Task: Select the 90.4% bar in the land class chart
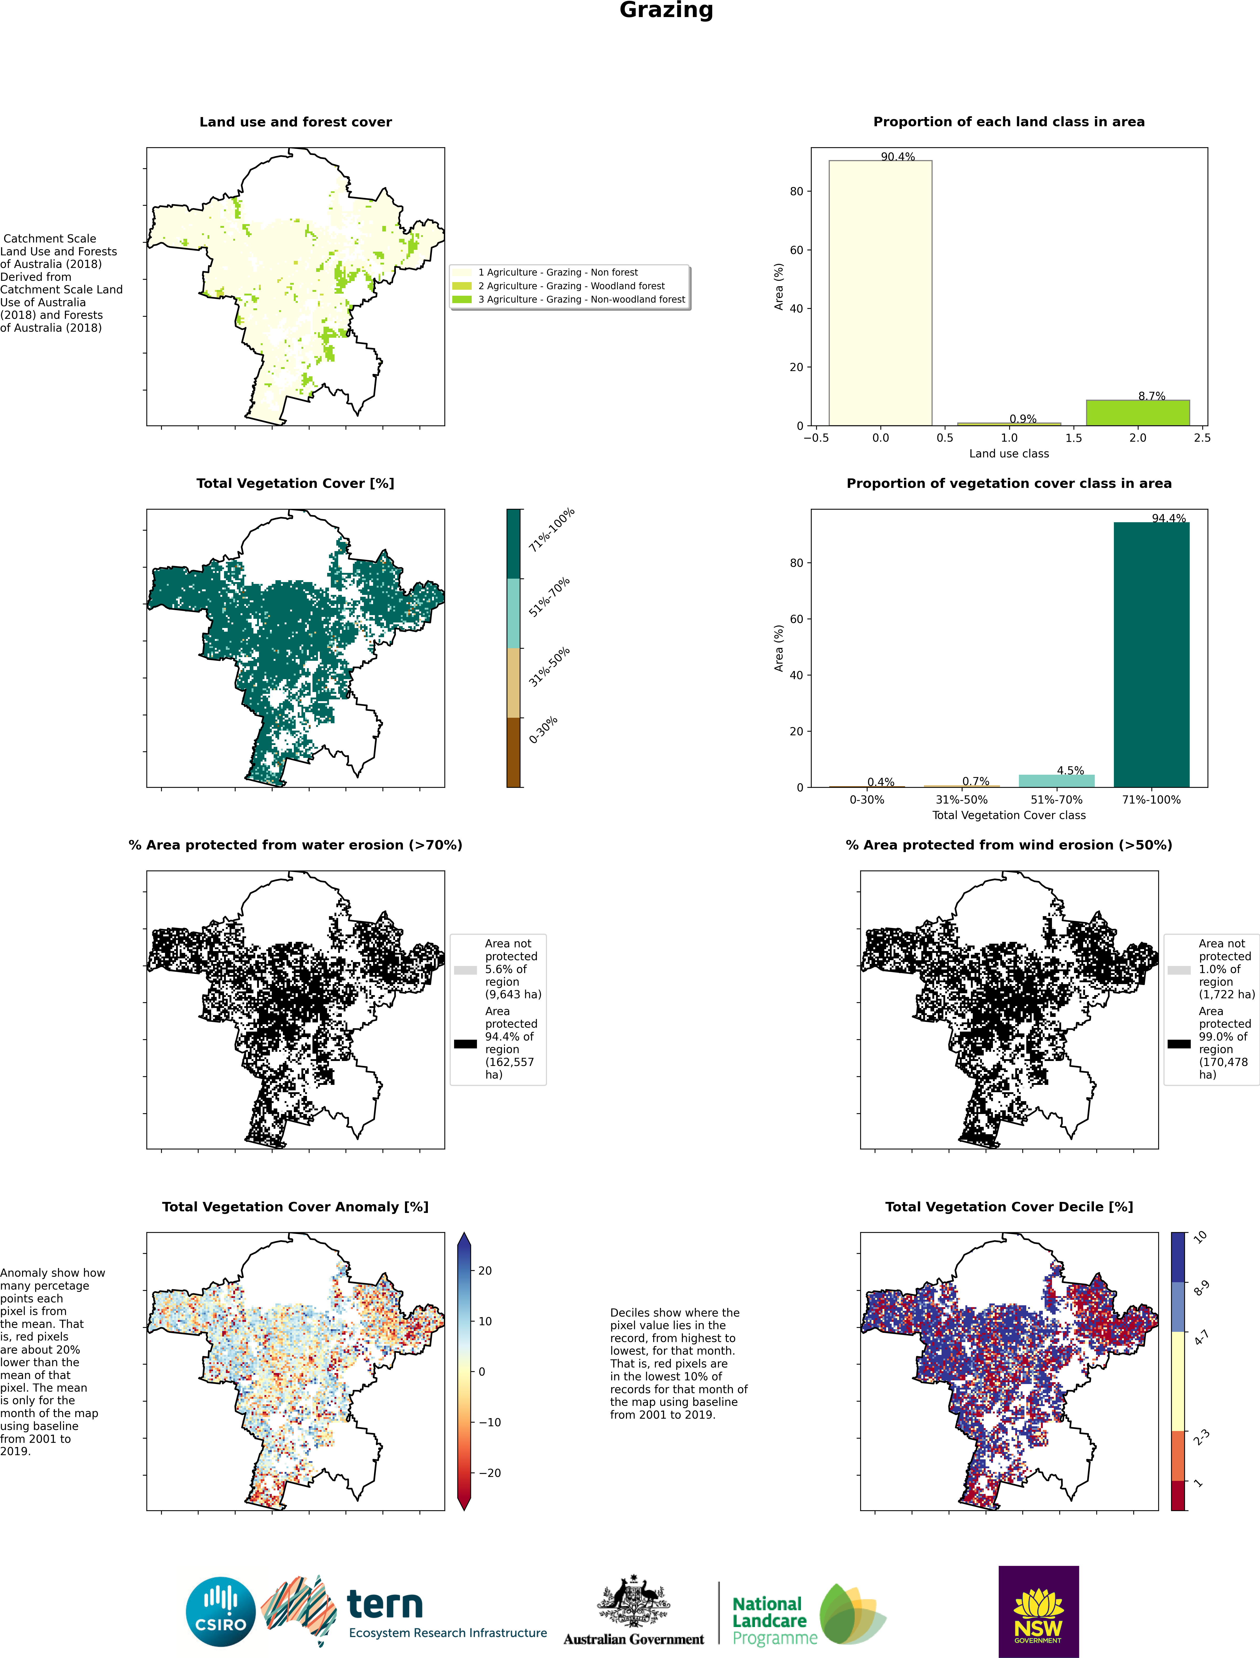click(x=880, y=293)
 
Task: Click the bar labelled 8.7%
click(x=1138, y=413)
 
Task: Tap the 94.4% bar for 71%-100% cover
click(x=1151, y=654)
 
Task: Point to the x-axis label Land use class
click(x=1009, y=453)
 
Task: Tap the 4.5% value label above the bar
click(x=1070, y=770)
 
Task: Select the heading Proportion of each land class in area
click(x=1009, y=122)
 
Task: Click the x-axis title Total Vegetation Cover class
click(x=1009, y=815)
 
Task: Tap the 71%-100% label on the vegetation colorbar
click(x=551, y=530)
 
